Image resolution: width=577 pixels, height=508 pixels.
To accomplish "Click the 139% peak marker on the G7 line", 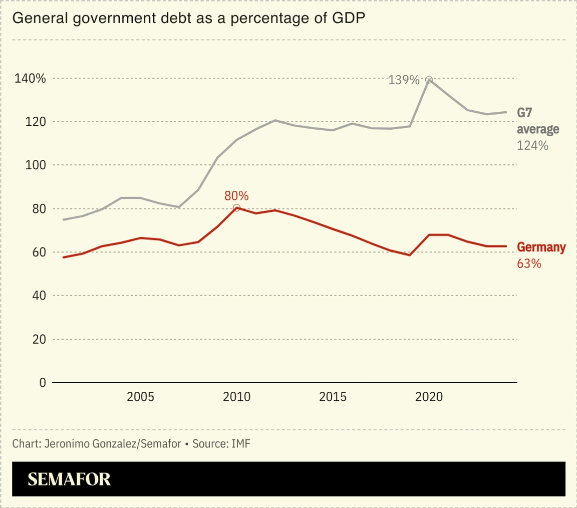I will click(429, 80).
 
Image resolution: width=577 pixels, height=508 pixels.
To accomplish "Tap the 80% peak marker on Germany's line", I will click(236, 207).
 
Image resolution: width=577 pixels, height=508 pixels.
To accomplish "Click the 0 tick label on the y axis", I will click(42, 383).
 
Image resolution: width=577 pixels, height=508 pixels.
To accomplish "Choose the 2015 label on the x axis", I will click(333, 397).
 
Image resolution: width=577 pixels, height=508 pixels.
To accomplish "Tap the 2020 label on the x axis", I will click(429, 397).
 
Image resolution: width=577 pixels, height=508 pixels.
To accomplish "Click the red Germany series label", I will click(541, 247).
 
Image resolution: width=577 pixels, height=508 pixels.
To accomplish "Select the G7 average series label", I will click(538, 121).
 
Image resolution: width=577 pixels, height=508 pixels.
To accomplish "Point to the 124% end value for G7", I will click(532, 146).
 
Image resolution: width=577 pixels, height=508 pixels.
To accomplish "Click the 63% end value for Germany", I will click(529, 263).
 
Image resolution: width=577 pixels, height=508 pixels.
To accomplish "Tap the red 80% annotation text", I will click(236, 196).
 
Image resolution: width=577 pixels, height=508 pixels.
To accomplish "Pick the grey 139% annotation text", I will click(404, 80).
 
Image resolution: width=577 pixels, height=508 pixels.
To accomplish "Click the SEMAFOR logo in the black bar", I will click(69, 479).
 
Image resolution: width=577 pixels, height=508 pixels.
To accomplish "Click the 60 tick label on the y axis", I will click(39, 252).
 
